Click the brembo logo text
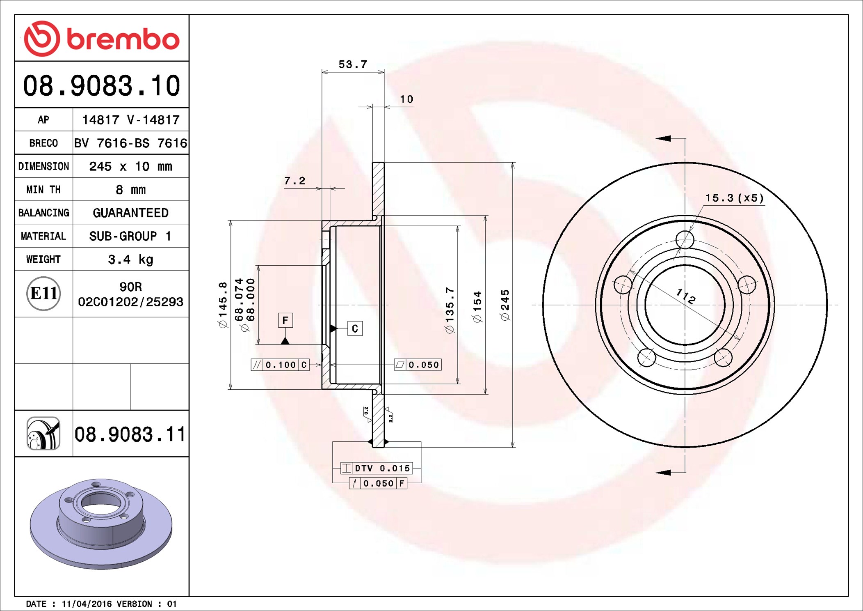(123, 39)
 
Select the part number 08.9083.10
(101, 86)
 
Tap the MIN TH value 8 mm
(130, 190)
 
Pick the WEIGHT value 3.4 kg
(130, 260)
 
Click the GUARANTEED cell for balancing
(130, 213)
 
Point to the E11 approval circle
(43, 293)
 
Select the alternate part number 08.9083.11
(130, 434)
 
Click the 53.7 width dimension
(352, 64)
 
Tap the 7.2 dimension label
(295, 181)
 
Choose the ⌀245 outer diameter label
(505, 305)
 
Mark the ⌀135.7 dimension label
(450, 310)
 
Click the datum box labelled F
(285, 320)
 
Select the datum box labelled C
(355, 328)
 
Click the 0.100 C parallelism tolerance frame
(280, 365)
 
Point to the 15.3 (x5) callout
(734, 198)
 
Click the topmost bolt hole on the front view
(685, 239)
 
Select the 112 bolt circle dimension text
(686, 296)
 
